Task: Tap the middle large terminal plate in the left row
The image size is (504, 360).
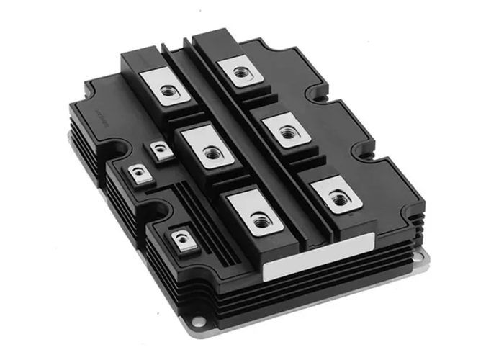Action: (209, 152)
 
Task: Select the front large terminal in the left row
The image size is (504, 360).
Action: (258, 220)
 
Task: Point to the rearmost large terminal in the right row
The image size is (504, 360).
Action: (238, 72)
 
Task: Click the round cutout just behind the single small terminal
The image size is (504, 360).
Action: (160, 211)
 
